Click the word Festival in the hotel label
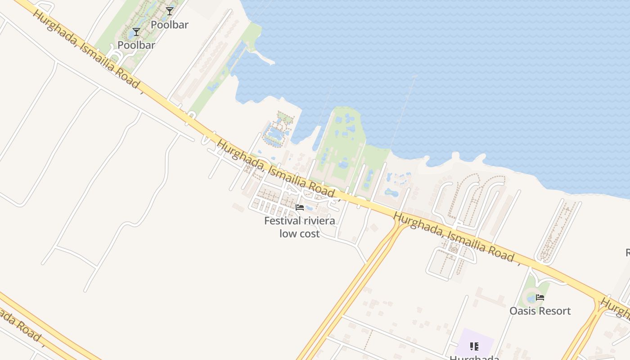[x=283, y=221]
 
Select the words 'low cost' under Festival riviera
[x=299, y=234]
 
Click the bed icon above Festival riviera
[x=299, y=207]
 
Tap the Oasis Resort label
[x=540, y=311]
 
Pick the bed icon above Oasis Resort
[x=540, y=297]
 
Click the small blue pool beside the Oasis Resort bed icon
[x=531, y=298]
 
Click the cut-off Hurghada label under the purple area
[x=474, y=357]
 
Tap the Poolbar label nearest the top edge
[x=169, y=25]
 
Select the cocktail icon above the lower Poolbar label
[x=136, y=32]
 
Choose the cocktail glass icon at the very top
[x=169, y=11]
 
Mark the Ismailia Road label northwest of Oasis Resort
[x=454, y=237]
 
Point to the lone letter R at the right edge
[x=627, y=252]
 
